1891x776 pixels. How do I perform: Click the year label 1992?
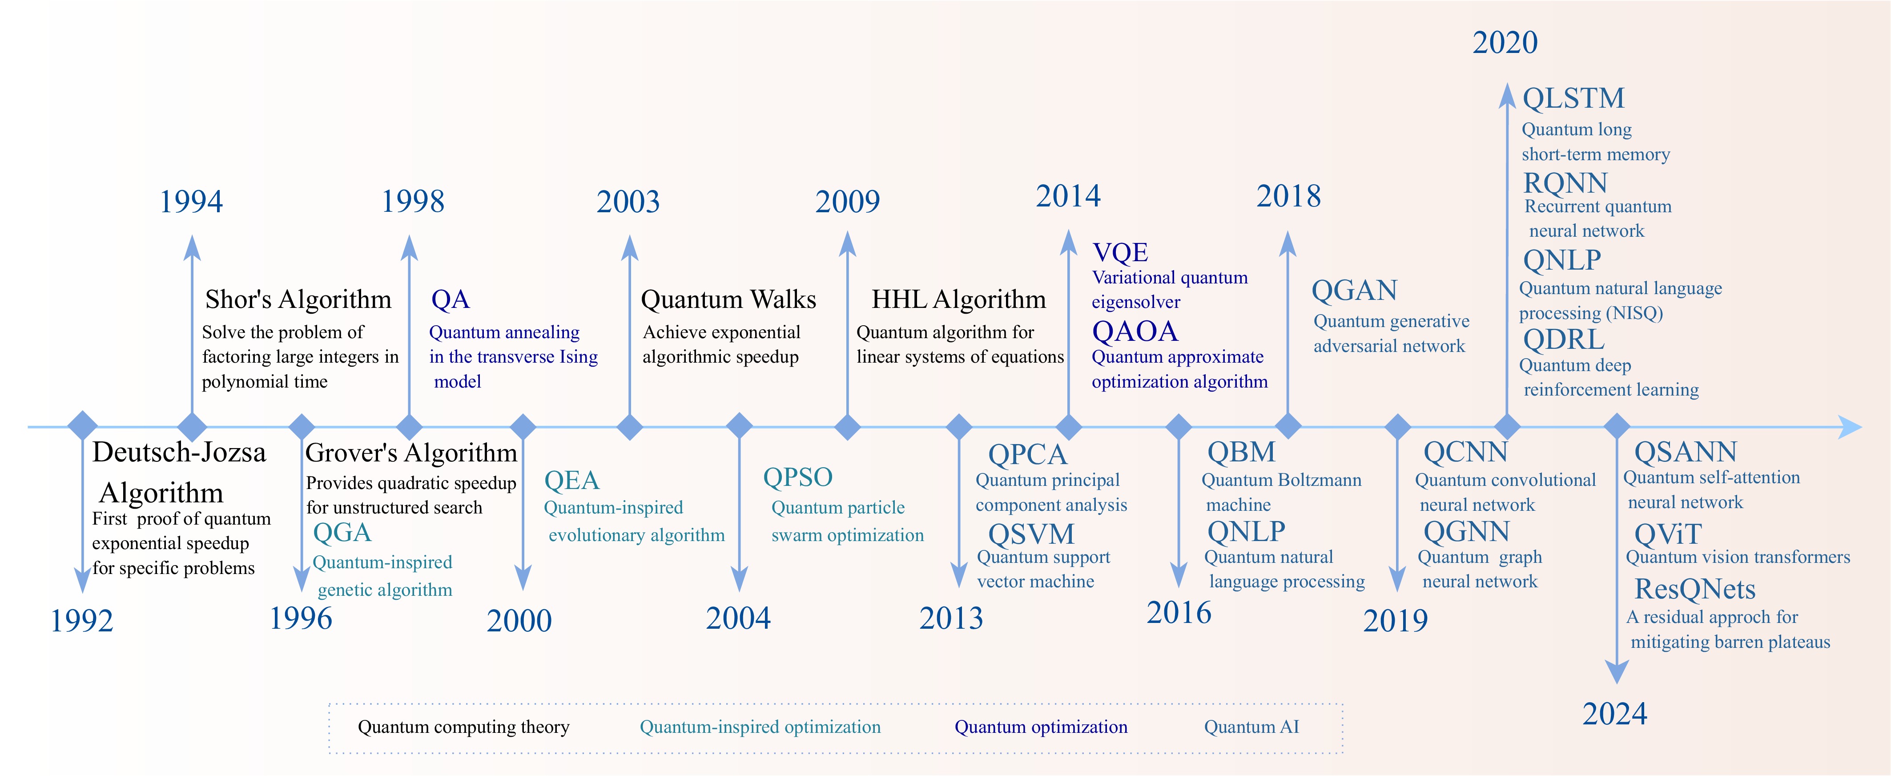[81, 621]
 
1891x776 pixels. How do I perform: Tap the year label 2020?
[1505, 43]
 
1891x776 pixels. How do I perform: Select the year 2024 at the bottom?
[1614, 714]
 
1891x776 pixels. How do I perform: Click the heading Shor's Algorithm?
[298, 299]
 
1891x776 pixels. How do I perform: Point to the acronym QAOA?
[1135, 332]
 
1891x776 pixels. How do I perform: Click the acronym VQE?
[1120, 253]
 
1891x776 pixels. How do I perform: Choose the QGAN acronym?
[1354, 291]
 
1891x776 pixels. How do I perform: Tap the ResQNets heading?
[1695, 590]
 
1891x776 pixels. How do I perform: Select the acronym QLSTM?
[1573, 98]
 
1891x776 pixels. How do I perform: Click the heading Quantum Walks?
[728, 299]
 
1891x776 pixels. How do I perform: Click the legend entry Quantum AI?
[1251, 727]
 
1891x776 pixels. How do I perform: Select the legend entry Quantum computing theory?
[463, 727]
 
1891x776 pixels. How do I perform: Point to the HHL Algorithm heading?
[959, 299]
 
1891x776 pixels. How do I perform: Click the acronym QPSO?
[797, 477]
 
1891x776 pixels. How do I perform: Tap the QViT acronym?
[1668, 534]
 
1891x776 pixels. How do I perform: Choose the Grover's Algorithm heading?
[411, 453]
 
